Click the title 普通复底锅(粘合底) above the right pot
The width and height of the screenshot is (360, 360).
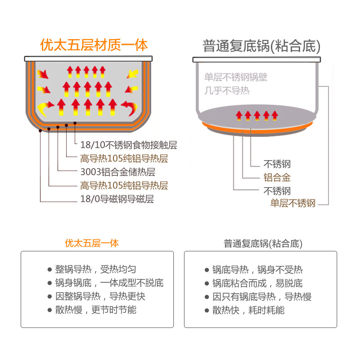coord(261,46)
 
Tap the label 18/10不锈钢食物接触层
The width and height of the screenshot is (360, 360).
coord(128,145)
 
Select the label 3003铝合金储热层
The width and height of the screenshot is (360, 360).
coord(117,172)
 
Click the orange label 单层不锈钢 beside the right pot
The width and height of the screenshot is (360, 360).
coord(292,203)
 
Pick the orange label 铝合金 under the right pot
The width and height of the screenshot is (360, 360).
coord(277,177)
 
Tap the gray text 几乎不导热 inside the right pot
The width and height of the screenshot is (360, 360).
coord(227,91)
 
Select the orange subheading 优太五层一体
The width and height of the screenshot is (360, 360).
coord(92,243)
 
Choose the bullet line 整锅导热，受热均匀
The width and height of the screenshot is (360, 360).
coord(95,270)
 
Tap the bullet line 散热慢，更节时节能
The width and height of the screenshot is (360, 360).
coord(95,310)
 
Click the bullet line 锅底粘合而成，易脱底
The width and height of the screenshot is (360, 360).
coord(257,283)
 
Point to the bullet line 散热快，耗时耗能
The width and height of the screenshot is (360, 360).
coord(248,310)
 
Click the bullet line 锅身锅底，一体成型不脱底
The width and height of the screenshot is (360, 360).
coord(109,283)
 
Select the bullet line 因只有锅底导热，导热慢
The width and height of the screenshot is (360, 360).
coord(262,297)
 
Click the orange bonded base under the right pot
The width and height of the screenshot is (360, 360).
coord(256,128)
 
